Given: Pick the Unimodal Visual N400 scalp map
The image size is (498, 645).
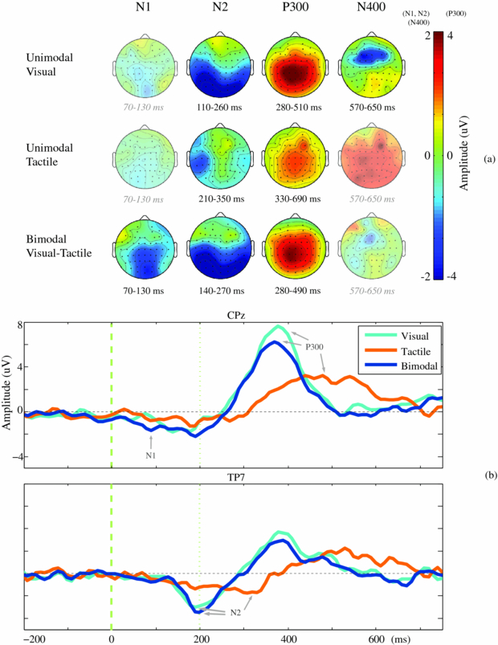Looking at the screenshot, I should point(368,69).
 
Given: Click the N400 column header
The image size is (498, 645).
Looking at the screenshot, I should point(369,14).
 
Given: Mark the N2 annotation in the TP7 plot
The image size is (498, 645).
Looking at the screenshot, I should point(235,613).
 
